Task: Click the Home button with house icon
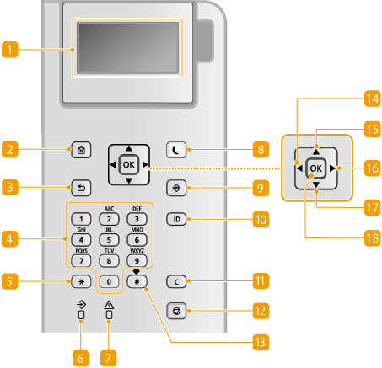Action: [x=81, y=150]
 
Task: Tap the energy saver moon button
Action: [x=176, y=150]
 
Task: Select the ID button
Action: [x=176, y=219]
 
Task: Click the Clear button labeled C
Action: [x=176, y=281]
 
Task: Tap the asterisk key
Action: [x=81, y=281]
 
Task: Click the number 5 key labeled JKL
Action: [x=109, y=240]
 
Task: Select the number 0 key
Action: [x=109, y=281]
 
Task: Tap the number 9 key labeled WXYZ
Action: [x=137, y=261]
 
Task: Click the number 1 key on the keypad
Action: [x=81, y=219]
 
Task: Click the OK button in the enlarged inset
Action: [x=316, y=168]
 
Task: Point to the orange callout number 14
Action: [x=373, y=99]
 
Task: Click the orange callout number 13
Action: [x=261, y=342]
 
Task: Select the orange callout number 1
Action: [x=10, y=50]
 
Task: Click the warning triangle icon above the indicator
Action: [x=109, y=305]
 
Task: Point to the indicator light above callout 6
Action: [x=81, y=315]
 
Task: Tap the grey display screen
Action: [x=128, y=48]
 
